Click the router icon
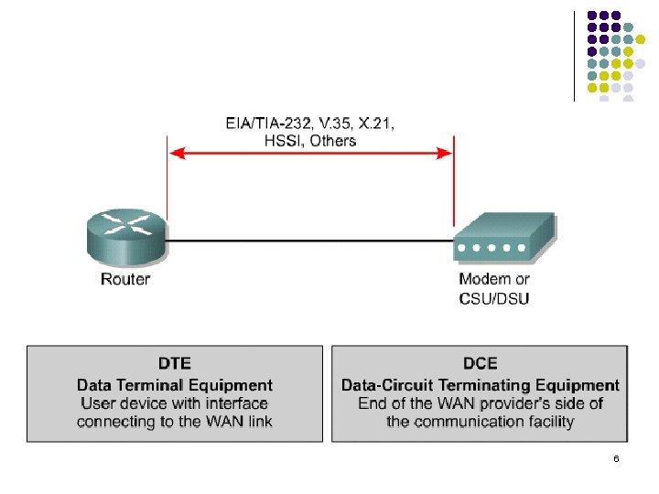pos(124,237)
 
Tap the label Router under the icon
pos(124,279)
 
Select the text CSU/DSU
pos(493,298)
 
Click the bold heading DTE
pos(175,364)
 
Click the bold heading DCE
pos(480,364)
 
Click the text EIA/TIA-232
pos(267,123)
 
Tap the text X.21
pos(377,123)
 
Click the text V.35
pos(333,123)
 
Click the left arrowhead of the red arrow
pos(176,155)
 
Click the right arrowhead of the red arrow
pos(446,155)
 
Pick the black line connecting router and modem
pos(311,241)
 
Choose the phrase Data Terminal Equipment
pos(175,385)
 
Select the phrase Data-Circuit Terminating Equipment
pos(480,385)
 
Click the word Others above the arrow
pos(333,140)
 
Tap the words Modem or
pos(493,279)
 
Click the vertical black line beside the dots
pos(574,55)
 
